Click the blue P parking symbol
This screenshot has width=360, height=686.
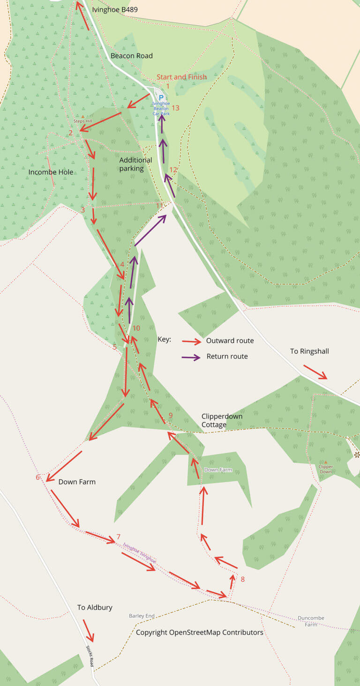[x=161, y=98]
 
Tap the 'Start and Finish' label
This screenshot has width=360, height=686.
[x=181, y=77]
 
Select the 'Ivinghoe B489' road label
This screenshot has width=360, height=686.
[x=115, y=9]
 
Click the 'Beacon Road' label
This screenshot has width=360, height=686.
[x=131, y=56]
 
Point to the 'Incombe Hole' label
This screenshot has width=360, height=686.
[x=51, y=172]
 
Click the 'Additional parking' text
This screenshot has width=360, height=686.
[x=135, y=164]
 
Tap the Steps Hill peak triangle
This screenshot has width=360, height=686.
[x=83, y=116]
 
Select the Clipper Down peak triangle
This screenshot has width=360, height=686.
[x=325, y=462]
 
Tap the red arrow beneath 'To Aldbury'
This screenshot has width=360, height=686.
[x=89, y=630]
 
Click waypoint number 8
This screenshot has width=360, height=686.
[x=242, y=579]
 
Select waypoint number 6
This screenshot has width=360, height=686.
[x=37, y=477]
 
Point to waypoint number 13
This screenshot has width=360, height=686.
[x=175, y=108]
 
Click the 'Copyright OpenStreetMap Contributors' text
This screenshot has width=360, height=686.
[x=199, y=632]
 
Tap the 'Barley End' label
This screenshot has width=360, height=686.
[x=142, y=616]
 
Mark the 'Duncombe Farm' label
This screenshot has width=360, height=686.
[x=311, y=621]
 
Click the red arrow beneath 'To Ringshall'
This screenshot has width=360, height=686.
[x=315, y=372]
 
